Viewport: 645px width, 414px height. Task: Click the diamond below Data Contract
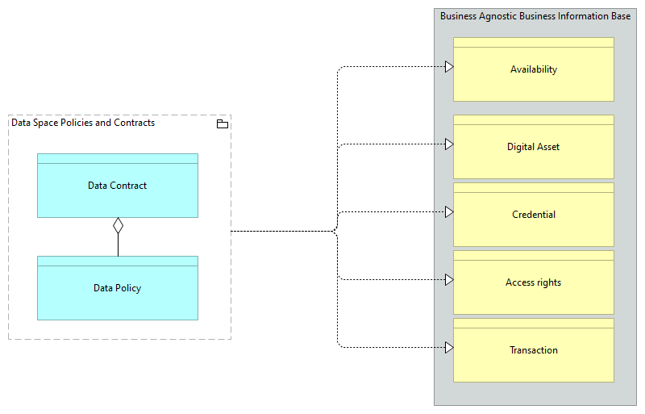[118, 225]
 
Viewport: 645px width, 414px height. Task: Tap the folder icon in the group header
[223, 123]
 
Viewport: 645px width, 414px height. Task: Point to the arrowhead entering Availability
[449, 67]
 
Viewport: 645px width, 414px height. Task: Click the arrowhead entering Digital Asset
[449, 144]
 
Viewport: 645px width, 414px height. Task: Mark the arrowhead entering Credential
[449, 212]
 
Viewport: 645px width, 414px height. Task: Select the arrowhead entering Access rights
[449, 280]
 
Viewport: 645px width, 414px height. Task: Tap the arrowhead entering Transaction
[449, 348]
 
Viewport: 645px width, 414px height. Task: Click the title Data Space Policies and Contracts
[83, 123]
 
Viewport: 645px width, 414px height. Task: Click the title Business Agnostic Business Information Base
[535, 16]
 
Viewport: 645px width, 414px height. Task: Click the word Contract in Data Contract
[129, 186]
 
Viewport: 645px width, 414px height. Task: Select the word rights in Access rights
[547, 282]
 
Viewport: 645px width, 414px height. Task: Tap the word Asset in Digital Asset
[547, 147]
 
